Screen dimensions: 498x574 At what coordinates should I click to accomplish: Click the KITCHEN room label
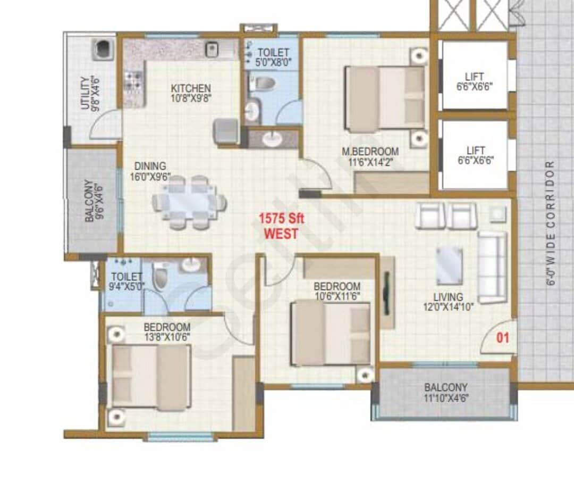tap(190, 88)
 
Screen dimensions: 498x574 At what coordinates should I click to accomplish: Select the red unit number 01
tap(503, 337)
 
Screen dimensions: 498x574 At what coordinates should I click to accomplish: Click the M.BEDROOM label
tap(370, 152)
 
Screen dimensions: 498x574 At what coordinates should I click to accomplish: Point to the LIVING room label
tap(448, 297)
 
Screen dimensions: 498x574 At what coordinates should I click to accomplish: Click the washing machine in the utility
tap(103, 49)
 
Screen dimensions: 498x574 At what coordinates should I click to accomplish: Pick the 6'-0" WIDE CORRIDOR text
tap(551, 223)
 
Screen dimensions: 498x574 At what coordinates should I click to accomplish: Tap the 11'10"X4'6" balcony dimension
tap(445, 398)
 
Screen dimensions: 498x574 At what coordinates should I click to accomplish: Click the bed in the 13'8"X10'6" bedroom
tap(150, 377)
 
